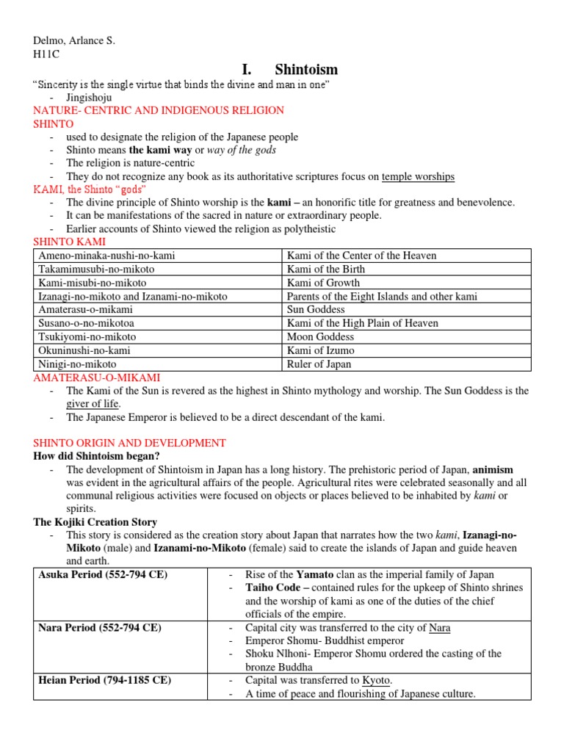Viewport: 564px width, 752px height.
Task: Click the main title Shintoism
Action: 305,70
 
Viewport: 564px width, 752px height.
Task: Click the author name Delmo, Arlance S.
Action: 73,40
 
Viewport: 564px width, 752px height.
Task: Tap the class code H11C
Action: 46,54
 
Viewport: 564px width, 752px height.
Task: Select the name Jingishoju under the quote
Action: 90,96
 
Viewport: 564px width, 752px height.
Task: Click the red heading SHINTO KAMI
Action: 70,242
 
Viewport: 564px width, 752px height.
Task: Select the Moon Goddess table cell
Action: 321,337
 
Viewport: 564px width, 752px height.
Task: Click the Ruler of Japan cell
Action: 319,364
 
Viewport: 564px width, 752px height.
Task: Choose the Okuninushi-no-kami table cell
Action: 85,350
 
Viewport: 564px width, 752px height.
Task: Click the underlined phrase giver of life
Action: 93,404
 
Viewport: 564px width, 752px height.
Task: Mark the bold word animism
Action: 493,469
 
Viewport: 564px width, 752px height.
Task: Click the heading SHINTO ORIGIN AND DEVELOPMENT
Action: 129,443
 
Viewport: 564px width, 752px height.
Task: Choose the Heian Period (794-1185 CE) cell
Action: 104,680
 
